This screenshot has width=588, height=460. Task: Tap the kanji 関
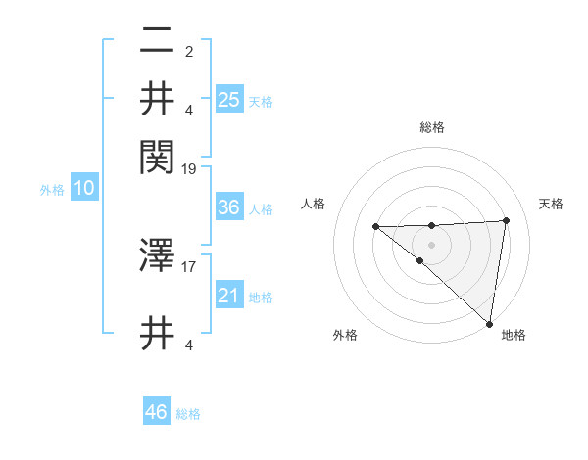pos(157,153)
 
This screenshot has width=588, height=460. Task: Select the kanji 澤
pos(157,256)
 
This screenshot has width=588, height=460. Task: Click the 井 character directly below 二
pos(157,99)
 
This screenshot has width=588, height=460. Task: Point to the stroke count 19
pos(189,168)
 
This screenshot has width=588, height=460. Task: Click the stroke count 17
pos(189,265)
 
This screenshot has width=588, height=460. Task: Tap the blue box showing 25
pos(228,99)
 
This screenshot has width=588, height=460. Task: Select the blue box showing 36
pos(228,207)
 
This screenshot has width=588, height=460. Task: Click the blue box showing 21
pos(228,296)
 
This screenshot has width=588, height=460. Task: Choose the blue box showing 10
pos(84,189)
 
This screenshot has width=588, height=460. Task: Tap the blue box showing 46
pos(157,412)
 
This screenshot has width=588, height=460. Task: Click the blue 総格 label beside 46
pos(188,414)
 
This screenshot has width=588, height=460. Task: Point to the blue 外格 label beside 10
pos(52,190)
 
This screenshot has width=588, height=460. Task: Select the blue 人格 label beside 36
pos(261,208)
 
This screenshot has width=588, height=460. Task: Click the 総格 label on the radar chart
pos(432,127)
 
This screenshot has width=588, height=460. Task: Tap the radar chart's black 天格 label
pos(551,204)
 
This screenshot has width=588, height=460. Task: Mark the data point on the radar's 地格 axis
pos(488,323)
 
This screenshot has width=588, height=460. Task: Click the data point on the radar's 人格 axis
pos(375,227)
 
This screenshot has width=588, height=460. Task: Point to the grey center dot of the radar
pos(431,244)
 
